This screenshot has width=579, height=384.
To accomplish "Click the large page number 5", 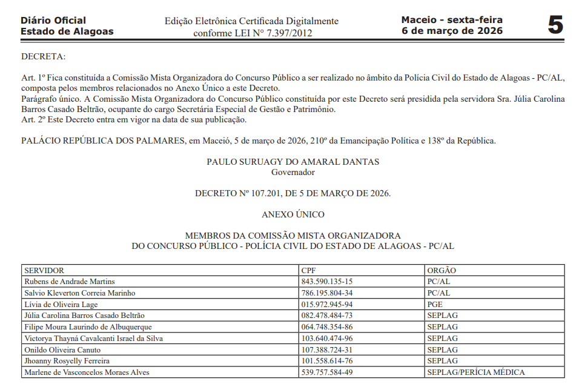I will (555, 25).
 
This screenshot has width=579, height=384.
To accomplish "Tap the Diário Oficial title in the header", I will (53, 21).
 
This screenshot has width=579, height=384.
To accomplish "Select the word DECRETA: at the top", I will (43, 57).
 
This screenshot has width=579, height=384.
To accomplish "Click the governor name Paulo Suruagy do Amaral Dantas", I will (293, 162).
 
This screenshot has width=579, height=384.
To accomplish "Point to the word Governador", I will (293, 172).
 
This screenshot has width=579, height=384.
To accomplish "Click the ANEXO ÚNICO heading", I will (293, 214).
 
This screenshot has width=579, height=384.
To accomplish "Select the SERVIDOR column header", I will (44, 270).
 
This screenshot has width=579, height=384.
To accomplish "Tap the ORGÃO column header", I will (442, 270).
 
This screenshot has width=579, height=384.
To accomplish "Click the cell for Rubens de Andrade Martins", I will (69, 282).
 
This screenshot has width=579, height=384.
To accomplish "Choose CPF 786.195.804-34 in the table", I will (326, 293).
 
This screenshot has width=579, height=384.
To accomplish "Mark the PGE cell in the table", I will (435, 304).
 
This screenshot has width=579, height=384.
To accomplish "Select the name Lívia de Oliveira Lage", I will (61, 304).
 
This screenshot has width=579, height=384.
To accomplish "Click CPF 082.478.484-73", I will (326, 316).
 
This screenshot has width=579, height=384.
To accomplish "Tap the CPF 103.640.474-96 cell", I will (326, 339).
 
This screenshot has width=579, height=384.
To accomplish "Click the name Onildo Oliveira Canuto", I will (62, 349).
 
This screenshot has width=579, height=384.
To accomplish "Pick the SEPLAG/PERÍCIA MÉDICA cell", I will (475, 372).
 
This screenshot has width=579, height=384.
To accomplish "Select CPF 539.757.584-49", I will (326, 372).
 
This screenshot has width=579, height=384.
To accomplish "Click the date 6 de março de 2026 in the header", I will (452, 31).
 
